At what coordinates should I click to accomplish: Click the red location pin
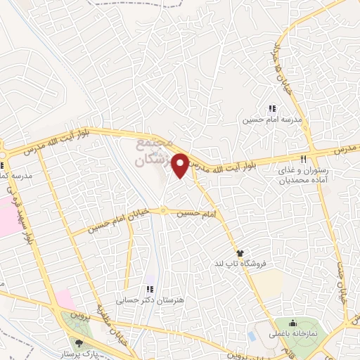pos(181,165)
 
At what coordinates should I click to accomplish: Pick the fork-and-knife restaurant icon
pos(304,159)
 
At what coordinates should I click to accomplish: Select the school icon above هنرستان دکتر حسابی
pos(150,289)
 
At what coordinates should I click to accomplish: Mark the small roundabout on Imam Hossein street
pos(162,210)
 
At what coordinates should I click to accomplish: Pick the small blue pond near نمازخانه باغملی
pos(252,335)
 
